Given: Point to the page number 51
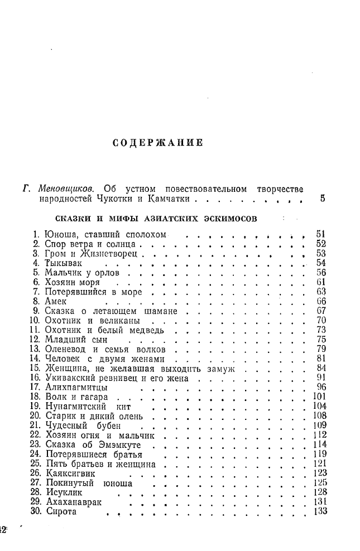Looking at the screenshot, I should [320, 234].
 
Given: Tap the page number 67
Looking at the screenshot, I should [320, 311].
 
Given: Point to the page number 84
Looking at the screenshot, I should [320, 369].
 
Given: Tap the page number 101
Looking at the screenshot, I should [319, 397].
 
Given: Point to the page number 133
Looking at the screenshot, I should [319, 513].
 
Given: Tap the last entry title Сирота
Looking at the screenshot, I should [61, 513].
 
